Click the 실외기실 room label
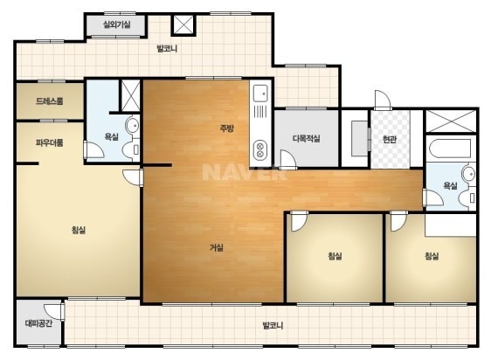(x=117, y=24)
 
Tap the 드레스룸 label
(x=50, y=100)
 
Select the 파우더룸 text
(x=50, y=142)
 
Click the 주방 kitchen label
(x=226, y=128)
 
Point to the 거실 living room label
(x=217, y=247)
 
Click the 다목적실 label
(x=307, y=138)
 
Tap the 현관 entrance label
(x=390, y=139)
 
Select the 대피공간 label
(x=38, y=323)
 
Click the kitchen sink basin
(x=260, y=93)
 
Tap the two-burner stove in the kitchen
(x=259, y=150)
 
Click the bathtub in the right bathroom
(x=450, y=149)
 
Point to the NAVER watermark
(x=245, y=172)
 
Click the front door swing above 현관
(x=383, y=100)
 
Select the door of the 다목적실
(x=288, y=160)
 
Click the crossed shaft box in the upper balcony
(x=183, y=24)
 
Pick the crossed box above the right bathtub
(x=451, y=121)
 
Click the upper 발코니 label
(x=167, y=49)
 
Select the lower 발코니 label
(x=273, y=325)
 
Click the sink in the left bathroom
(x=133, y=125)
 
